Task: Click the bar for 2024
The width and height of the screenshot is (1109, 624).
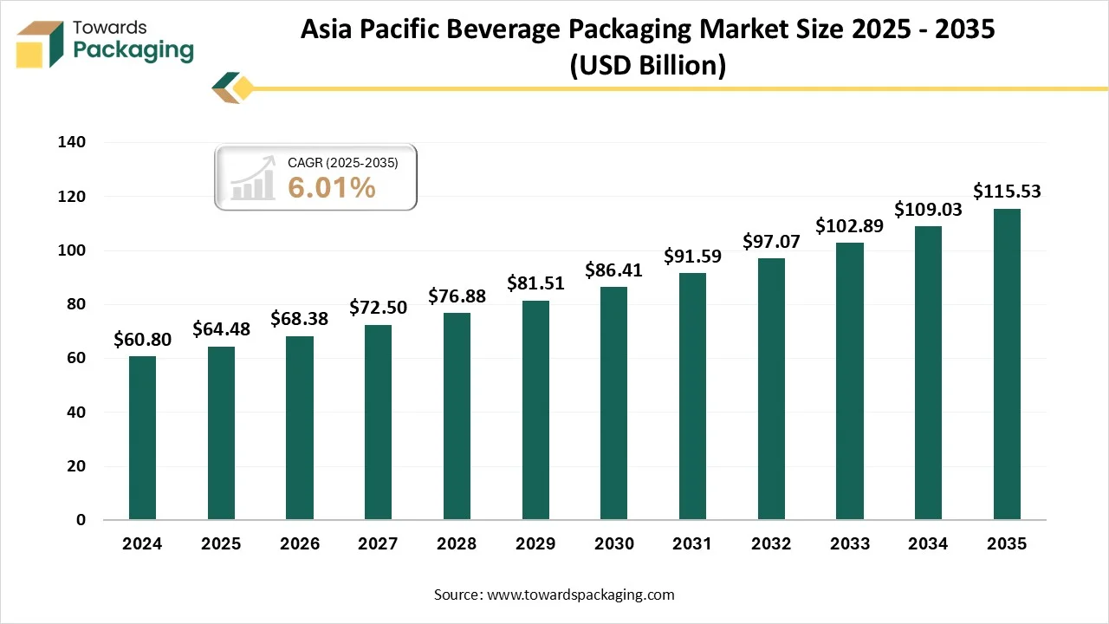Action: pyautogui.click(x=142, y=438)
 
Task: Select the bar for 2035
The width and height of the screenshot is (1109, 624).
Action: pyautogui.click(x=1007, y=364)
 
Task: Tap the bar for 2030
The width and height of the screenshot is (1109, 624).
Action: pyautogui.click(x=613, y=403)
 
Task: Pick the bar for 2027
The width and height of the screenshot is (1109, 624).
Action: pyautogui.click(x=378, y=422)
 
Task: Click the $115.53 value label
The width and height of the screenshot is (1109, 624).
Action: pyautogui.click(x=1007, y=192)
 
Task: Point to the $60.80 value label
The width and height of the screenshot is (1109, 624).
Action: pyautogui.click(x=142, y=340)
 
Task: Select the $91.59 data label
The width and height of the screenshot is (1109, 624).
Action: pyautogui.click(x=692, y=257)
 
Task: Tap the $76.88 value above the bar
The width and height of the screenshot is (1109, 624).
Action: pyautogui.click(x=457, y=296)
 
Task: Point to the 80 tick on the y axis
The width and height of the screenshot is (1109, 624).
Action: pyautogui.click(x=76, y=304)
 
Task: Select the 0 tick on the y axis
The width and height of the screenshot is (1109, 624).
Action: pyautogui.click(x=81, y=520)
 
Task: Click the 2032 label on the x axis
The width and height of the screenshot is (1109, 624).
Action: pyautogui.click(x=771, y=544)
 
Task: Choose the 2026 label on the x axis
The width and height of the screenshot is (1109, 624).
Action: pyautogui.click(x=299, y=544)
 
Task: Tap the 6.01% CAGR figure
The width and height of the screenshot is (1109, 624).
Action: pyautogui.click(x=332, y=186)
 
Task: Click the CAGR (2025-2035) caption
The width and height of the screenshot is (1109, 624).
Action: pyautogui.click(x=342, y=162)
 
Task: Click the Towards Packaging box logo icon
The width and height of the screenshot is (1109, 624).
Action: pyautogui.click(x=41, y=43)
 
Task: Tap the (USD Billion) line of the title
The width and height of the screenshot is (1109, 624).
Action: pyautogui.click(x=647, y=65)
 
